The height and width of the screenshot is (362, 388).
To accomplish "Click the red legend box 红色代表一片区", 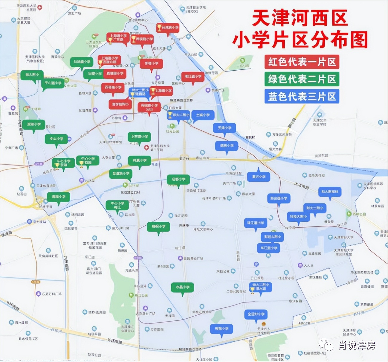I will tap(302, 62).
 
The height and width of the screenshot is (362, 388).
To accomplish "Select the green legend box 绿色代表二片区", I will tap(302, 79).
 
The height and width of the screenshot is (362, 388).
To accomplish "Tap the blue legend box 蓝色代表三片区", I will tap(302, 97).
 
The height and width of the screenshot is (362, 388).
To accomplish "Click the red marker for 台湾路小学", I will tap(168, 28).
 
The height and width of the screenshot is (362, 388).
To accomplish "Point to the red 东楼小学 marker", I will tap(151, 64).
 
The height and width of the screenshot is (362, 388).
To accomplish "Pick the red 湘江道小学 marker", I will tap(193, 77).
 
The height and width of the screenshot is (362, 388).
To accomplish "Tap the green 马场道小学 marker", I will tap(82, 62).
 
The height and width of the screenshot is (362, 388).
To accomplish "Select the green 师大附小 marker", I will tap(32, 75).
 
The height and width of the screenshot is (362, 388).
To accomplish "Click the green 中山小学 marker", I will tap(56, 139).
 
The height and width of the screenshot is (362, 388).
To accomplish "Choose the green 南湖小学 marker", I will tap(59, 197).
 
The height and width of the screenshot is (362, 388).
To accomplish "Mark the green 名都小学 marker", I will tap(178, 180).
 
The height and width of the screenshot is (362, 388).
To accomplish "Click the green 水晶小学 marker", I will tap(182, 287).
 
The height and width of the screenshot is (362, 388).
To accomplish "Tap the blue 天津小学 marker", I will tap(224, 128).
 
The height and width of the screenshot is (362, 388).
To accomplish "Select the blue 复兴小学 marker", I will tap(259, 177).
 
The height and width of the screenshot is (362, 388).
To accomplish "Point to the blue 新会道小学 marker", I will tap(279, 198).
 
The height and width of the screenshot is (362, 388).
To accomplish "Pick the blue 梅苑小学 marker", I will tap(222, 329).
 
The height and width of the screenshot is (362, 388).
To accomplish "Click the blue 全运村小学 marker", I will tap(256, 314).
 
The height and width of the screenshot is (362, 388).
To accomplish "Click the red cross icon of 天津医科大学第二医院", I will tap(146, 147).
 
